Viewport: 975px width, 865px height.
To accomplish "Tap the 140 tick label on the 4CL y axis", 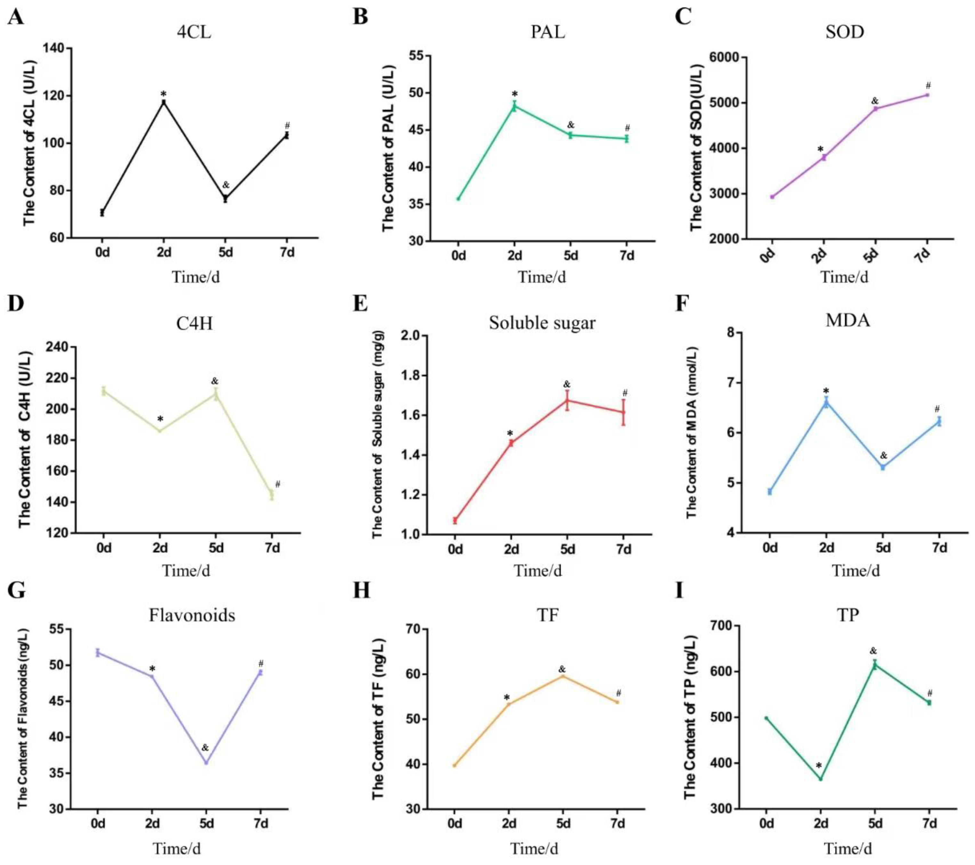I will point(55,48).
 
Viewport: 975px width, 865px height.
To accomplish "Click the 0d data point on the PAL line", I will point(458,199).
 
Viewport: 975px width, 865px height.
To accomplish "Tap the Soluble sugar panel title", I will point(542,323).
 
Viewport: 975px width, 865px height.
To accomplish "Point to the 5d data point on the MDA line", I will point(883,467).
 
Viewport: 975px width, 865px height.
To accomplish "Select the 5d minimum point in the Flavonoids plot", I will point(206,763).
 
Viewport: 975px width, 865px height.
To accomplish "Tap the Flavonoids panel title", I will point(192,615).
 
